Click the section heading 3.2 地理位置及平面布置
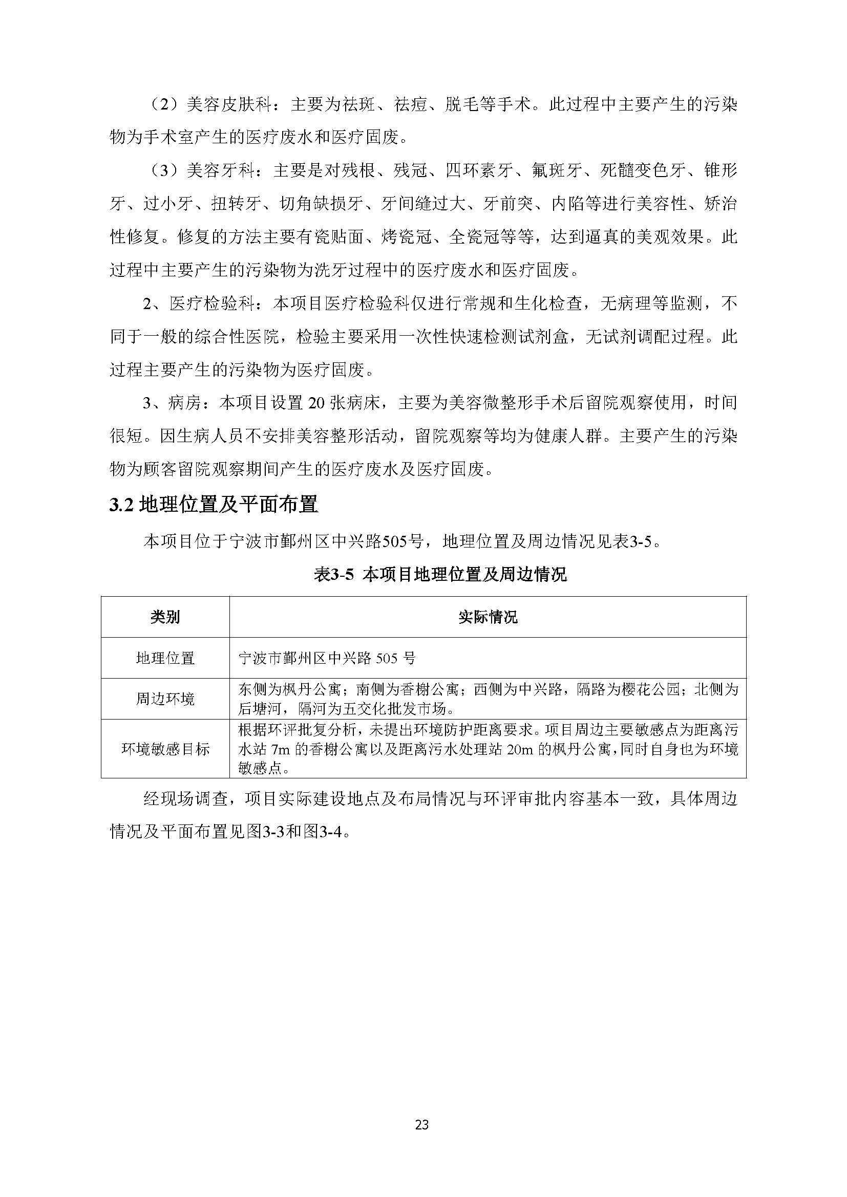(x=214, y=505)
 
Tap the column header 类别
(x=165, y=617)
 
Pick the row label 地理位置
(x=165, y=658)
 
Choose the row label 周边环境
(x=165, y=699)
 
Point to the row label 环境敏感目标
(x=165, y=749)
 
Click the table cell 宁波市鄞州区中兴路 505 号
(x=327, y=659)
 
